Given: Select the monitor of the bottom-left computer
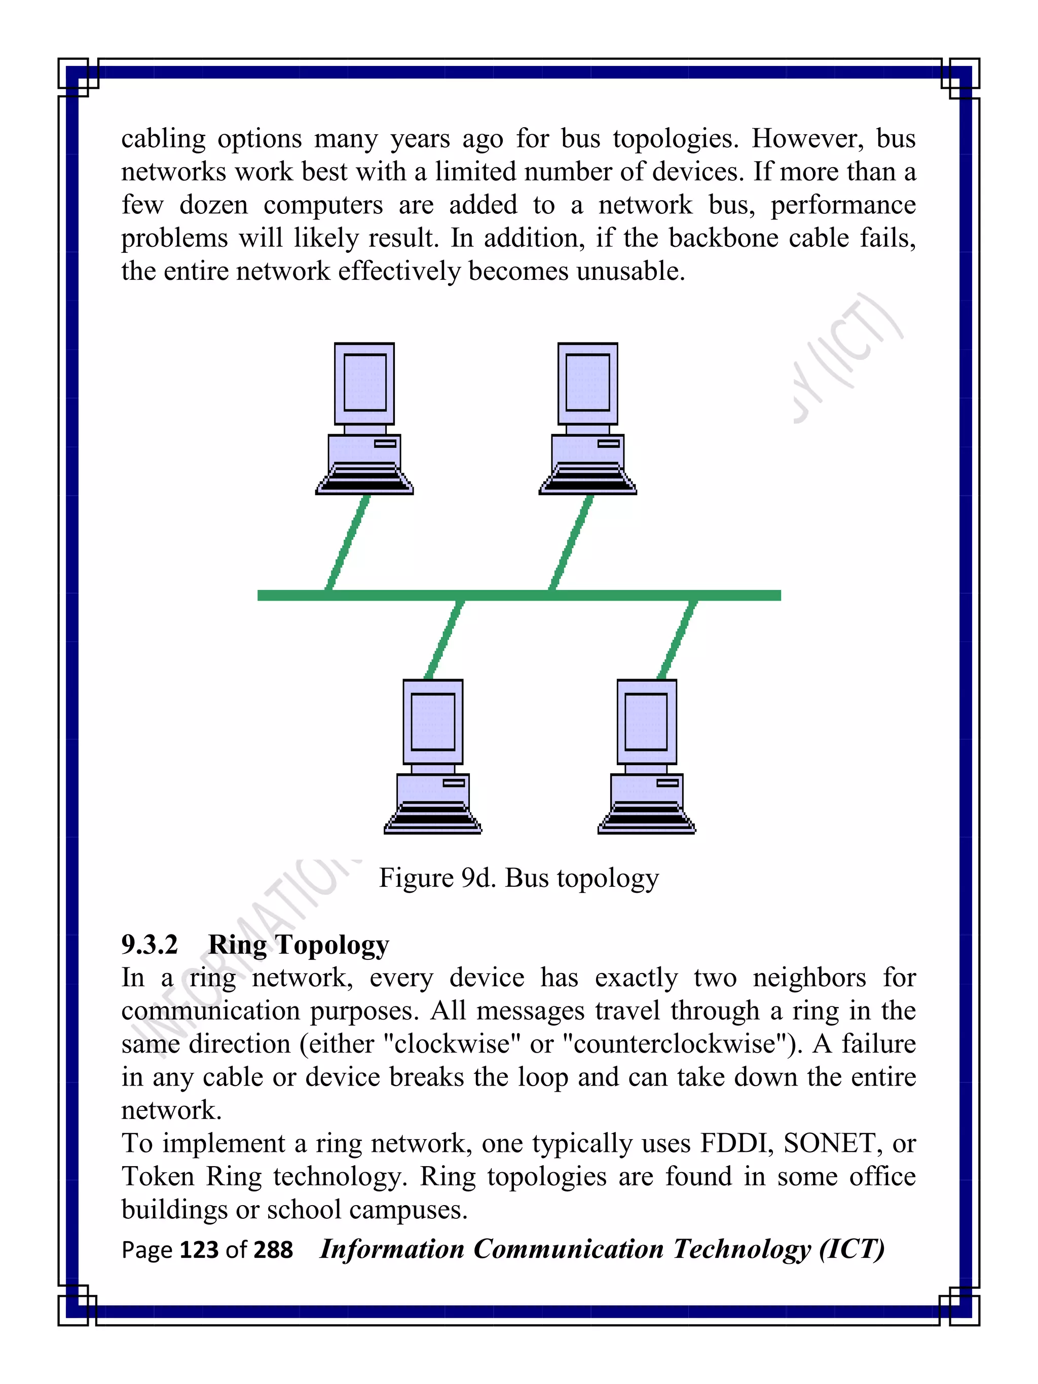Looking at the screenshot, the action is (x=433, y=722).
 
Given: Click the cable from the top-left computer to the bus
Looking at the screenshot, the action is (x=348, y=542).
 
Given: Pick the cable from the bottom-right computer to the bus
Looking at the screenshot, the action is (x=677, y=640).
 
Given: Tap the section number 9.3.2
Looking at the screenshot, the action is (x=150, y=944).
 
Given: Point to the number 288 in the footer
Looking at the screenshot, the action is (x=273, y=1250).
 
